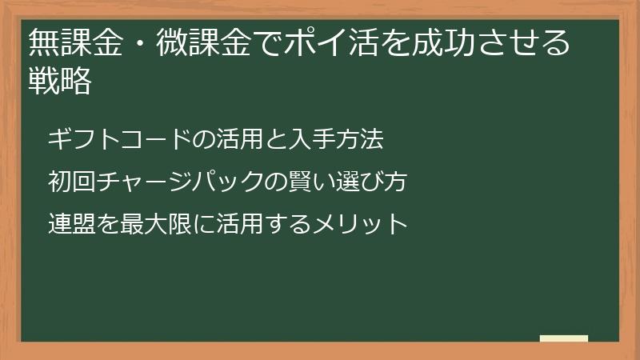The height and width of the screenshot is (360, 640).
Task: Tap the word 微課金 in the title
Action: point(205,42)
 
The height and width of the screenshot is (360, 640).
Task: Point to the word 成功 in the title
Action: point(444,42)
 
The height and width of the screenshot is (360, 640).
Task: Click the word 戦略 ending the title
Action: point(59,81)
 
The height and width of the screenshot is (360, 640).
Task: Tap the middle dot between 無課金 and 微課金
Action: point(139,42)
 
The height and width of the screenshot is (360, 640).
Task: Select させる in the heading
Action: point(523,42)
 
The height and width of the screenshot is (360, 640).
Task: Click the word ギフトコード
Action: point(120,140)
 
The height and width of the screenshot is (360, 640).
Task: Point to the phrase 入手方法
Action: point(337,140)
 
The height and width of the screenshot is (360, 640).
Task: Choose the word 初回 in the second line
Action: point(71,182)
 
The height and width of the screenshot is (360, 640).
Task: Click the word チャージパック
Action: point(179,182)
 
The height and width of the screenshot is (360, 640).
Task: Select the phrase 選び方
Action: point(372,182)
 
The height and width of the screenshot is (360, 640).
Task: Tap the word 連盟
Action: point(71,223)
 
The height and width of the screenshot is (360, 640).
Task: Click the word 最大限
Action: point(155,223)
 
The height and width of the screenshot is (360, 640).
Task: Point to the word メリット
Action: point(361,223)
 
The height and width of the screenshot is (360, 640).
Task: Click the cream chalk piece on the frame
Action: point(563,338)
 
